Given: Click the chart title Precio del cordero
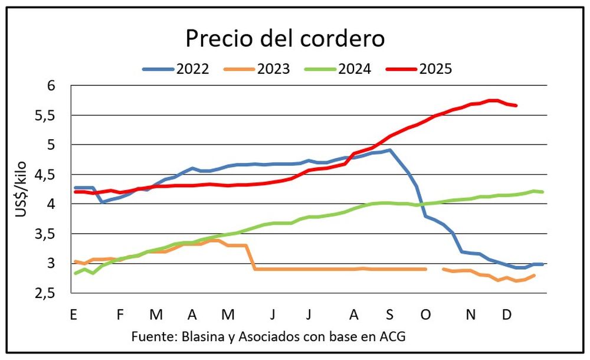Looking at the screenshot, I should click(x=285, y=39).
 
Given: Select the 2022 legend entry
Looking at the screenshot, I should click(x=192, y=69).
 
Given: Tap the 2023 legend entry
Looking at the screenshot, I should click(x=273, y=69).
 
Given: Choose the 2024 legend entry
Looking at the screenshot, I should click(x=354, y=69).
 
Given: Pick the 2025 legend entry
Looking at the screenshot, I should click(x=435, y=69).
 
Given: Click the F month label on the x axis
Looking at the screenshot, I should click(x=120, y=315).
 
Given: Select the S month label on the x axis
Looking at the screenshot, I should click(x=389, y=315).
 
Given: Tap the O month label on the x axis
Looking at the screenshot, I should click(x=425, y=315).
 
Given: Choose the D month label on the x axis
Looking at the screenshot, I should click(x=506, y=315).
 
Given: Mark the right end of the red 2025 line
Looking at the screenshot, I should click(x=516, y=106).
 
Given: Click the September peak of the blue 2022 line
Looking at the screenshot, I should click(x=389, y=150).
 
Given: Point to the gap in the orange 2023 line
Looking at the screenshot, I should click(x=434, y=269).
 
